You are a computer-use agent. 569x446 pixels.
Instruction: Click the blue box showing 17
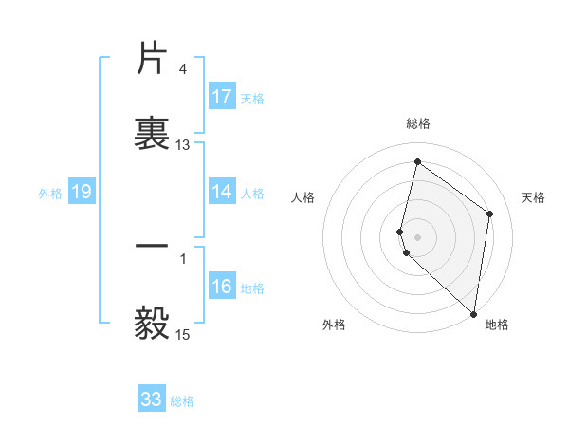pyautogui.click(x=222, y=97)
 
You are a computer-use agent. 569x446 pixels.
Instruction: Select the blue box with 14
pyautogui.click(x=222, y=192)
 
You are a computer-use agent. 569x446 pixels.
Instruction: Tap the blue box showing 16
pyautogui.click(x=222, y=288)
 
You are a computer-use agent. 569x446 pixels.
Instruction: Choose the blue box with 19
pyautogui.click(x=82, y=193)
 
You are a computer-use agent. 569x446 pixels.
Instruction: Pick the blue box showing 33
pyautogui.click(x=152, y=400)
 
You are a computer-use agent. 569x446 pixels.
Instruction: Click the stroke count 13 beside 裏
pyautogui.click(x=183, y=145)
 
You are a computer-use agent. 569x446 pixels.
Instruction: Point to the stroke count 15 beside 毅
pyautogui.click(x=183, y=334)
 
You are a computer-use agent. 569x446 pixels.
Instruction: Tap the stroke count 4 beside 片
pyautogui.click(x=182, y=69)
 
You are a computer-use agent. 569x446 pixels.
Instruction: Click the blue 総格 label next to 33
pyautogui.click(x=182, y=401)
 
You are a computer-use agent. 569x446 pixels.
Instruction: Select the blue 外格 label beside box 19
pyautogui.click(x=50, y=194)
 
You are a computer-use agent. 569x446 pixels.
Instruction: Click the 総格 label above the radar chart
pyautogui.click(x=418, y=123)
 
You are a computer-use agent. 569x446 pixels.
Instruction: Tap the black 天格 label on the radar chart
pyautogui.click(x=534, y=197)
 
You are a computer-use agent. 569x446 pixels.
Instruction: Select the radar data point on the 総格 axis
pyautogui.click(x=417, y=162)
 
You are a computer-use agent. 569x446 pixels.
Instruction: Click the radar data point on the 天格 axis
pyautogui.click(x=490, y=214)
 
